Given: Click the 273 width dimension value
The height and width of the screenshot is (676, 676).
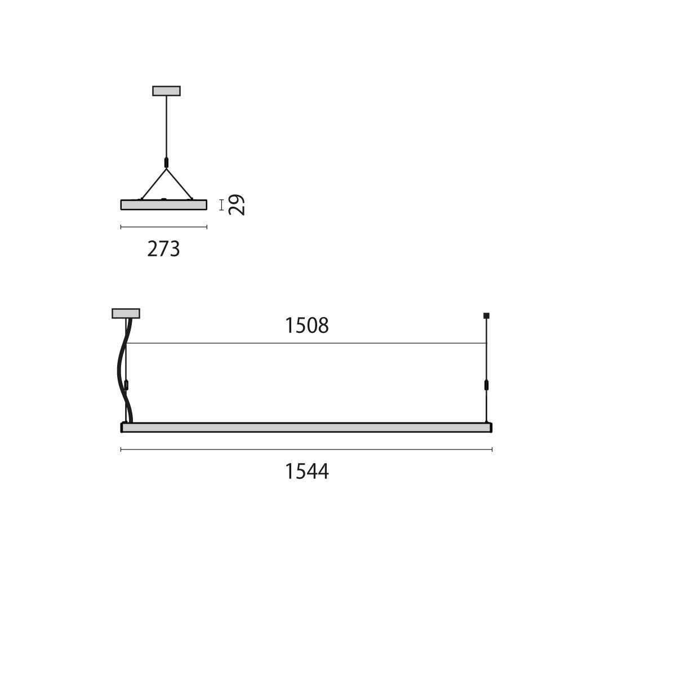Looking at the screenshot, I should (x=163, y=248).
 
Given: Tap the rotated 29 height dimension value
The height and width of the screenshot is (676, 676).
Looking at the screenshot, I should (x=237, y=205).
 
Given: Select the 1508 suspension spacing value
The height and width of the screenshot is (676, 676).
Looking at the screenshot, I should (x=306, y=326).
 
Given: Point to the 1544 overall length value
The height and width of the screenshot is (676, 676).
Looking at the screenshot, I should (x=306, y=471).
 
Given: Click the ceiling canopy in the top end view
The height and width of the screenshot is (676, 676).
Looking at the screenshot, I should (x=166, y=91).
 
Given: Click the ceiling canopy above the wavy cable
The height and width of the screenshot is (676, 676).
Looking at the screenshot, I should (x=126, y=313).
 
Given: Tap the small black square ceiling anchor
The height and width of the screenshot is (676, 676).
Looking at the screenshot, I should (x=487, y=315).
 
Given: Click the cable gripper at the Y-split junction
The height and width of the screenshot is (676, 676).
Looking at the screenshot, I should (x=166, y=163).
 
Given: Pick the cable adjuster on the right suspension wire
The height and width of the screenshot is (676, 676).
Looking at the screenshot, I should (x=487, y=386).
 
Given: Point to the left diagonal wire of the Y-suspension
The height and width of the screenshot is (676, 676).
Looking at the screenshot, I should (x=153, y=183).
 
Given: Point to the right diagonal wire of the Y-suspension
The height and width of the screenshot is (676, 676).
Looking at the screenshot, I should (x=179, y=183).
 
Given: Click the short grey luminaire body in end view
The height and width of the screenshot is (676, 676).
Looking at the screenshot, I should (x=164, y=205).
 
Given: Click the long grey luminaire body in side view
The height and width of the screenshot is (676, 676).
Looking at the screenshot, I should (x=306, y=428).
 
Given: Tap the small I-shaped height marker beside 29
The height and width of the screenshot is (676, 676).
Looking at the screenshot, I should (x=221, y=204).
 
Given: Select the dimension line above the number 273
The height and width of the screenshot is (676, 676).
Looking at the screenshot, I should (x=164, y=227).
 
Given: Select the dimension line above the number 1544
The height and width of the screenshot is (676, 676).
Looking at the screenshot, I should (x=306, y=450).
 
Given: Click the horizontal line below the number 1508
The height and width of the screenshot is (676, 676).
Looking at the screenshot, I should (x=306, y=343).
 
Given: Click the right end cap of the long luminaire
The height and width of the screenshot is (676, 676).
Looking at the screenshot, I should (x=491, y=428).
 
